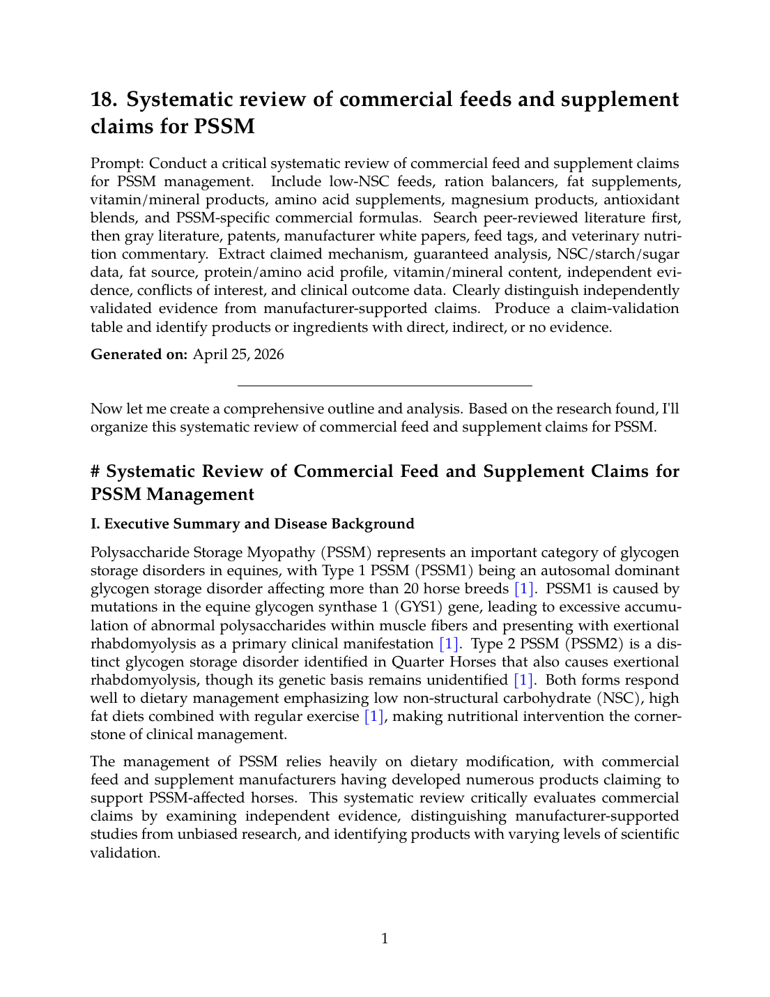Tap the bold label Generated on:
139,354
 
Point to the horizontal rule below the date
385,386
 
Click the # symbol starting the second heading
96,471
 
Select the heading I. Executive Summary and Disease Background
252,524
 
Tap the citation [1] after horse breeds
524,589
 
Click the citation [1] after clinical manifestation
448,644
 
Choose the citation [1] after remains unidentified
523,680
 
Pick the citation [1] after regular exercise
374,716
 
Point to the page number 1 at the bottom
385,938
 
